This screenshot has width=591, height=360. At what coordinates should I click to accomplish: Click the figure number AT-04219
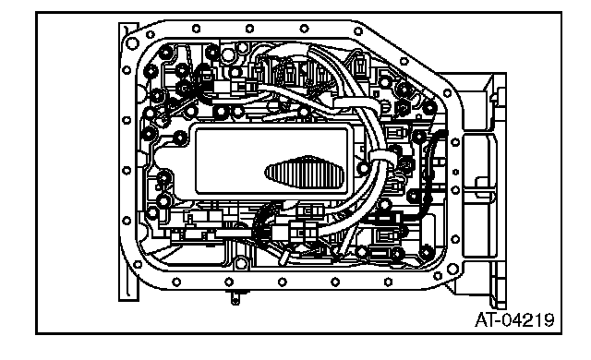tap(514, 320)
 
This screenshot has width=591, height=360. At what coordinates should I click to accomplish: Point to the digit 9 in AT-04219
tap(549, 320)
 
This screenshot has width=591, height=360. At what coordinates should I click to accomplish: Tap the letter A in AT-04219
tap(480, 320)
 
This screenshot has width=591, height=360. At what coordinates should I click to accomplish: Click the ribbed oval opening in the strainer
tap(305, 172)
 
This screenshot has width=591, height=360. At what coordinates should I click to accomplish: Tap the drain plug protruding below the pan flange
tap(235, 296)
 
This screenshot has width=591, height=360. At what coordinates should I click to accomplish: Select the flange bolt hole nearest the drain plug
tap(229, 282)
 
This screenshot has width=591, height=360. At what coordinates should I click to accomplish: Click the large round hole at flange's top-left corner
tap(132, 43)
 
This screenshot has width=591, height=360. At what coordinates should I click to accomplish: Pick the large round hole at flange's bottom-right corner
tap(452, 269)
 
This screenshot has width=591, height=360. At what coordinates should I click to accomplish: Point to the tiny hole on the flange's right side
tap(455, 172)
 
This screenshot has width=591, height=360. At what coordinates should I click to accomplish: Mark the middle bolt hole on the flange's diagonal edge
tap(404, 61)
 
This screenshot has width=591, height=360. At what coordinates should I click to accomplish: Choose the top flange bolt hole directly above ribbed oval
tap(304, 29)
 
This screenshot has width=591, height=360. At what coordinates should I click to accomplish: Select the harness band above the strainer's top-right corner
tap(355, 102)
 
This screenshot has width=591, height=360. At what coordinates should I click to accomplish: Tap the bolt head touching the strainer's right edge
tap(364, 168)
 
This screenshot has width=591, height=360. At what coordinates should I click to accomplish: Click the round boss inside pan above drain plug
tap(241, 263)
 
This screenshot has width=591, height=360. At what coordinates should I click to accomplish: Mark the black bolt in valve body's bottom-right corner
tap(427, 252)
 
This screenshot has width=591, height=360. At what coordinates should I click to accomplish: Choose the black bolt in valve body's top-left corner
tap(165, 53)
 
